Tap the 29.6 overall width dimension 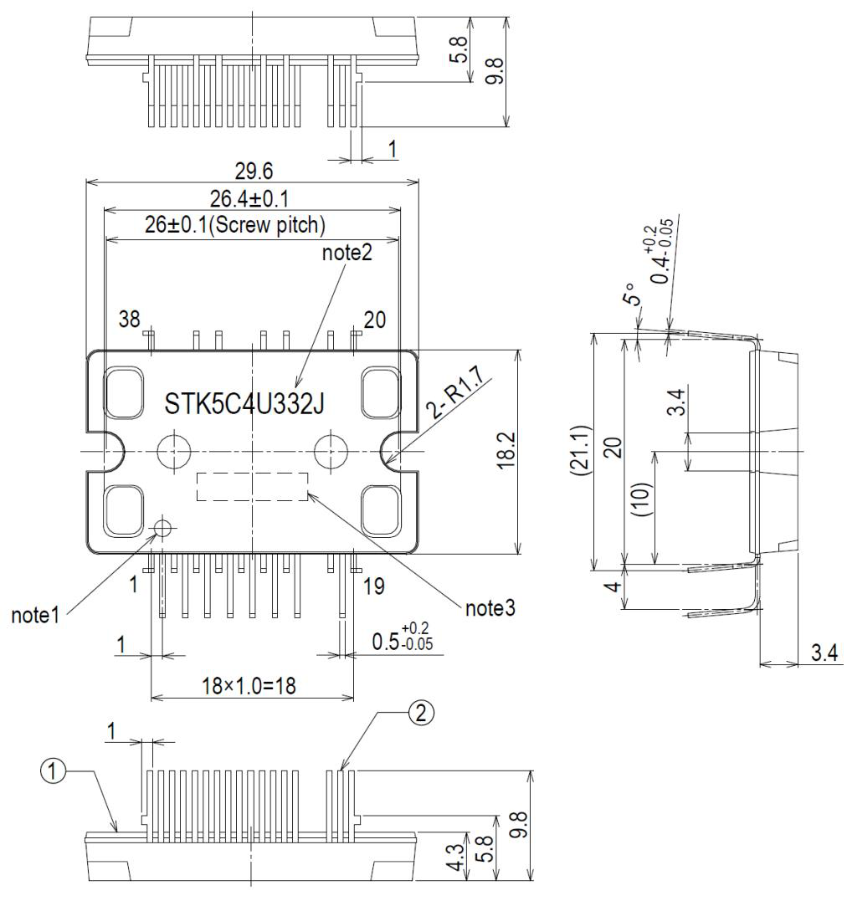click(254, 171)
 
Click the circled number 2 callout click(422, 714)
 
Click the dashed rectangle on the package click(252, 486)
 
